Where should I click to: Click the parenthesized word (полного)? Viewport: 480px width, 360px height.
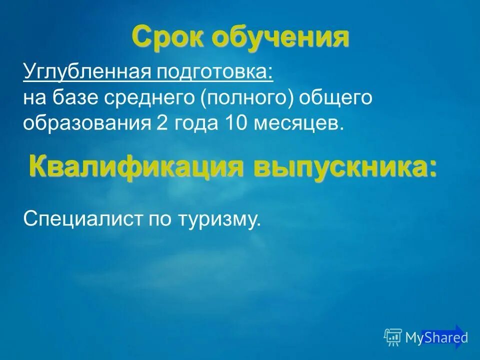(247, 98)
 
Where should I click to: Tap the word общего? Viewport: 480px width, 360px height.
(335, 98)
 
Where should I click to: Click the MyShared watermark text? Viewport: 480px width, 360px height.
(436, 338)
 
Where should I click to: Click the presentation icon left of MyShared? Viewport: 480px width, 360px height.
(393, 337)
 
